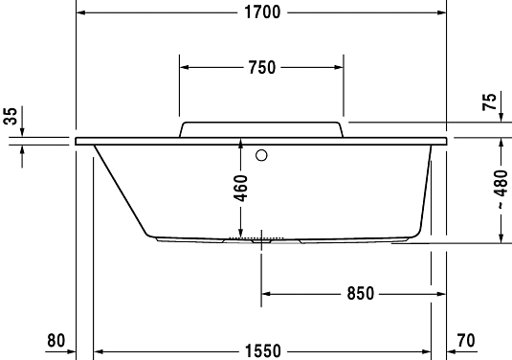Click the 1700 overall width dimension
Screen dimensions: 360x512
[260, 12]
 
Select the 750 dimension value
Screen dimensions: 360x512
[261, 67]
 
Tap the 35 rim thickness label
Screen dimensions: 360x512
[11, 117]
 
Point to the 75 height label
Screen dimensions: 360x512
[489, 104]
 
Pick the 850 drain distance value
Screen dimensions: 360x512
[359, 293]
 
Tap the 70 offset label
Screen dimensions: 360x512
[467, 340]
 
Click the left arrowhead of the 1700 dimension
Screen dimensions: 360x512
[81, 12]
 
